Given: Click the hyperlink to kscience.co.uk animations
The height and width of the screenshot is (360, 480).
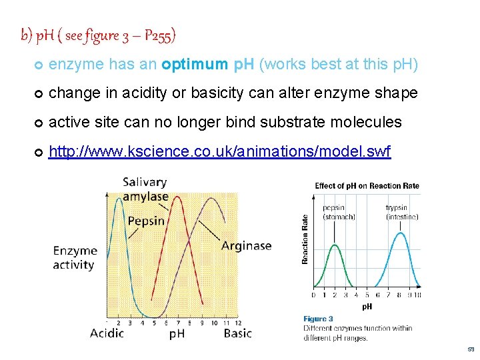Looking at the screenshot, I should tap(220, 153).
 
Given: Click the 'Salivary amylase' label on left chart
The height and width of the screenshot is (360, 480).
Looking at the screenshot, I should tap(145, 189).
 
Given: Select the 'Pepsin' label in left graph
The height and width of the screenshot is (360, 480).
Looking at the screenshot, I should tap(146, 221).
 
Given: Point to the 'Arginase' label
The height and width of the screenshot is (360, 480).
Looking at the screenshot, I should tap(246, 245).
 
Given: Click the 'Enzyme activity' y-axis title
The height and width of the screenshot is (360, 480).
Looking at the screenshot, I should tap(75, 258).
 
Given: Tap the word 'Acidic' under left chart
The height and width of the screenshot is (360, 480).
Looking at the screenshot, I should tap(107, 333).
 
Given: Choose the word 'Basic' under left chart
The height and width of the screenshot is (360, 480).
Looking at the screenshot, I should tap(237, 333).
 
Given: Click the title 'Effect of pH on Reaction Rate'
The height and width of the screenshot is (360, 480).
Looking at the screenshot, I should tap(367, 185).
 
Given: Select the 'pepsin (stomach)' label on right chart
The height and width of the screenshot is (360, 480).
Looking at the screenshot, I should tap(334, 212).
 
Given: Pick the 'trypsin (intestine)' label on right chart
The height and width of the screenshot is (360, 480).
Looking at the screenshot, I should tap(401, 212).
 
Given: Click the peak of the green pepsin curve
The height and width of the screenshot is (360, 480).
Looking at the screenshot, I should tap(335, 245).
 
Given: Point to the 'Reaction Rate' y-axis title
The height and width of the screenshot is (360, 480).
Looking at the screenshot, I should tap(305, 239).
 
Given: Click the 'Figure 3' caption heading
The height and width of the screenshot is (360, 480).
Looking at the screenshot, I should tap(319, 319).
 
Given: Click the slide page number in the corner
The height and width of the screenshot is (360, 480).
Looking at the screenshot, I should tap(471, 349).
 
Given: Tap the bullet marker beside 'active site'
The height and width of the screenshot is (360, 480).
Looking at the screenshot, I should tap(37, 123).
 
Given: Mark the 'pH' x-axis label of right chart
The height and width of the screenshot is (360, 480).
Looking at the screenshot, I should tap(367, 307).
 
